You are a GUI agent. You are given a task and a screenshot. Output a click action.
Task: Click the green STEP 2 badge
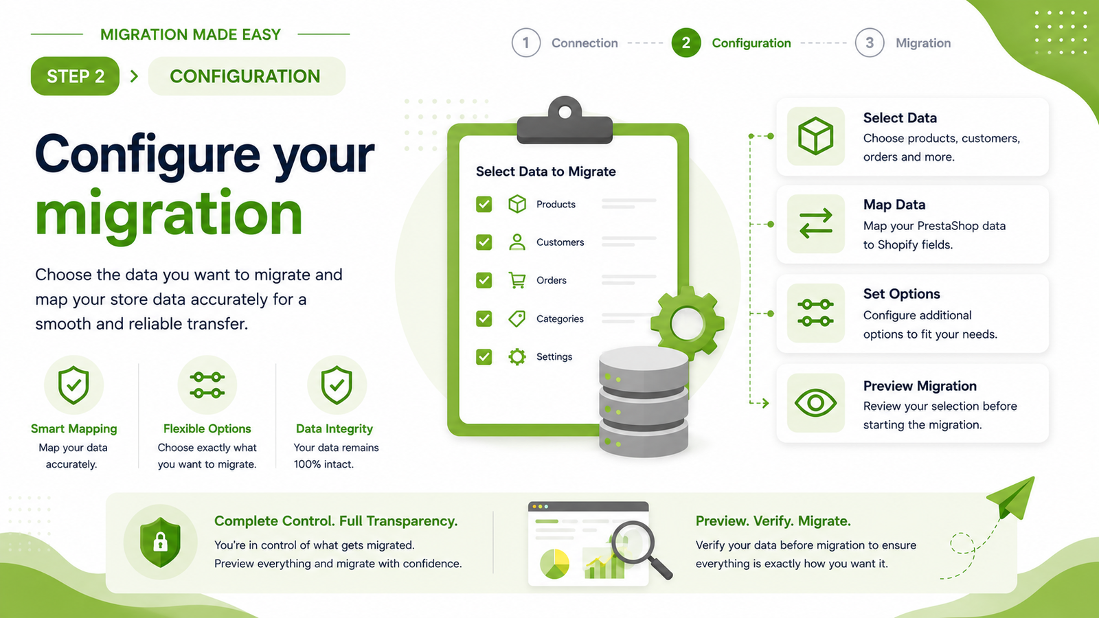pos(75,76)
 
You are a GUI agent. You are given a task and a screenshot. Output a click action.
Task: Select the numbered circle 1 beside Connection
pos(526,43)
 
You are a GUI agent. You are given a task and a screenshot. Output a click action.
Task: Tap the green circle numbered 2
pos(686,43)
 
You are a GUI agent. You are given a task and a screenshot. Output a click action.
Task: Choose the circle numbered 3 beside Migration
pos(870,43)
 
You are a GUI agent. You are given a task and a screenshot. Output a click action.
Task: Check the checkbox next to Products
pos(484,204)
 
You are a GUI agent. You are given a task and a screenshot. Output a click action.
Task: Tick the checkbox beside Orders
pos(484,280)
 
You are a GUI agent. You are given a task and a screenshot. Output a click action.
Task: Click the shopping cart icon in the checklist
pos(517,280)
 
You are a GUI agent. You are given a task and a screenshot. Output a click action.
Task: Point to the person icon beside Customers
pos(517,242)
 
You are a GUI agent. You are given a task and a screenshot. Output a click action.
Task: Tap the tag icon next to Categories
pos(517,319)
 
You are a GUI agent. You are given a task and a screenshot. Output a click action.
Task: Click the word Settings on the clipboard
pos(554,356)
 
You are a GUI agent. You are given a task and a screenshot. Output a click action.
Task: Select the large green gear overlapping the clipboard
pos(688,323)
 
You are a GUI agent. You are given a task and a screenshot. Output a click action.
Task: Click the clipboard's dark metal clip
pos(565,121)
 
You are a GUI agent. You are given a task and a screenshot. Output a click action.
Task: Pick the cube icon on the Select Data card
pos(815,136)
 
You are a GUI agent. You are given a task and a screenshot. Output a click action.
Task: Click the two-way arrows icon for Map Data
pos(815,224)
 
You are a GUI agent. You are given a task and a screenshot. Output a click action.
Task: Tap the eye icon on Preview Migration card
pos(815,402)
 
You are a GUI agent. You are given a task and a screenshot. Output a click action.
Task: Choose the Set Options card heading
pos(902,294)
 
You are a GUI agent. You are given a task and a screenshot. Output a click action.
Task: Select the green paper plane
pos(1012,498)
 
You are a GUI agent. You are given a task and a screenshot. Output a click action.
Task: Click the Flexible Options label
pos(207,428)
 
